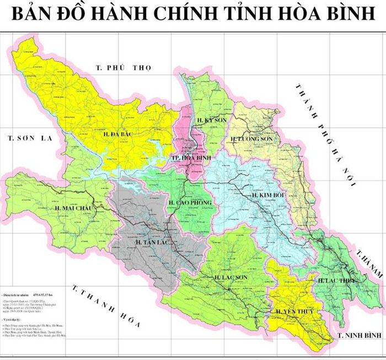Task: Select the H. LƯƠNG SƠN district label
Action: pos(251,139)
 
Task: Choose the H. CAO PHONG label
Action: pos(190,203)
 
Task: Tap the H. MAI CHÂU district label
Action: pos(73,208)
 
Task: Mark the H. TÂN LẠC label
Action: pos(151,241)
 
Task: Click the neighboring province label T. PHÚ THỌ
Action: pos(122,68)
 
